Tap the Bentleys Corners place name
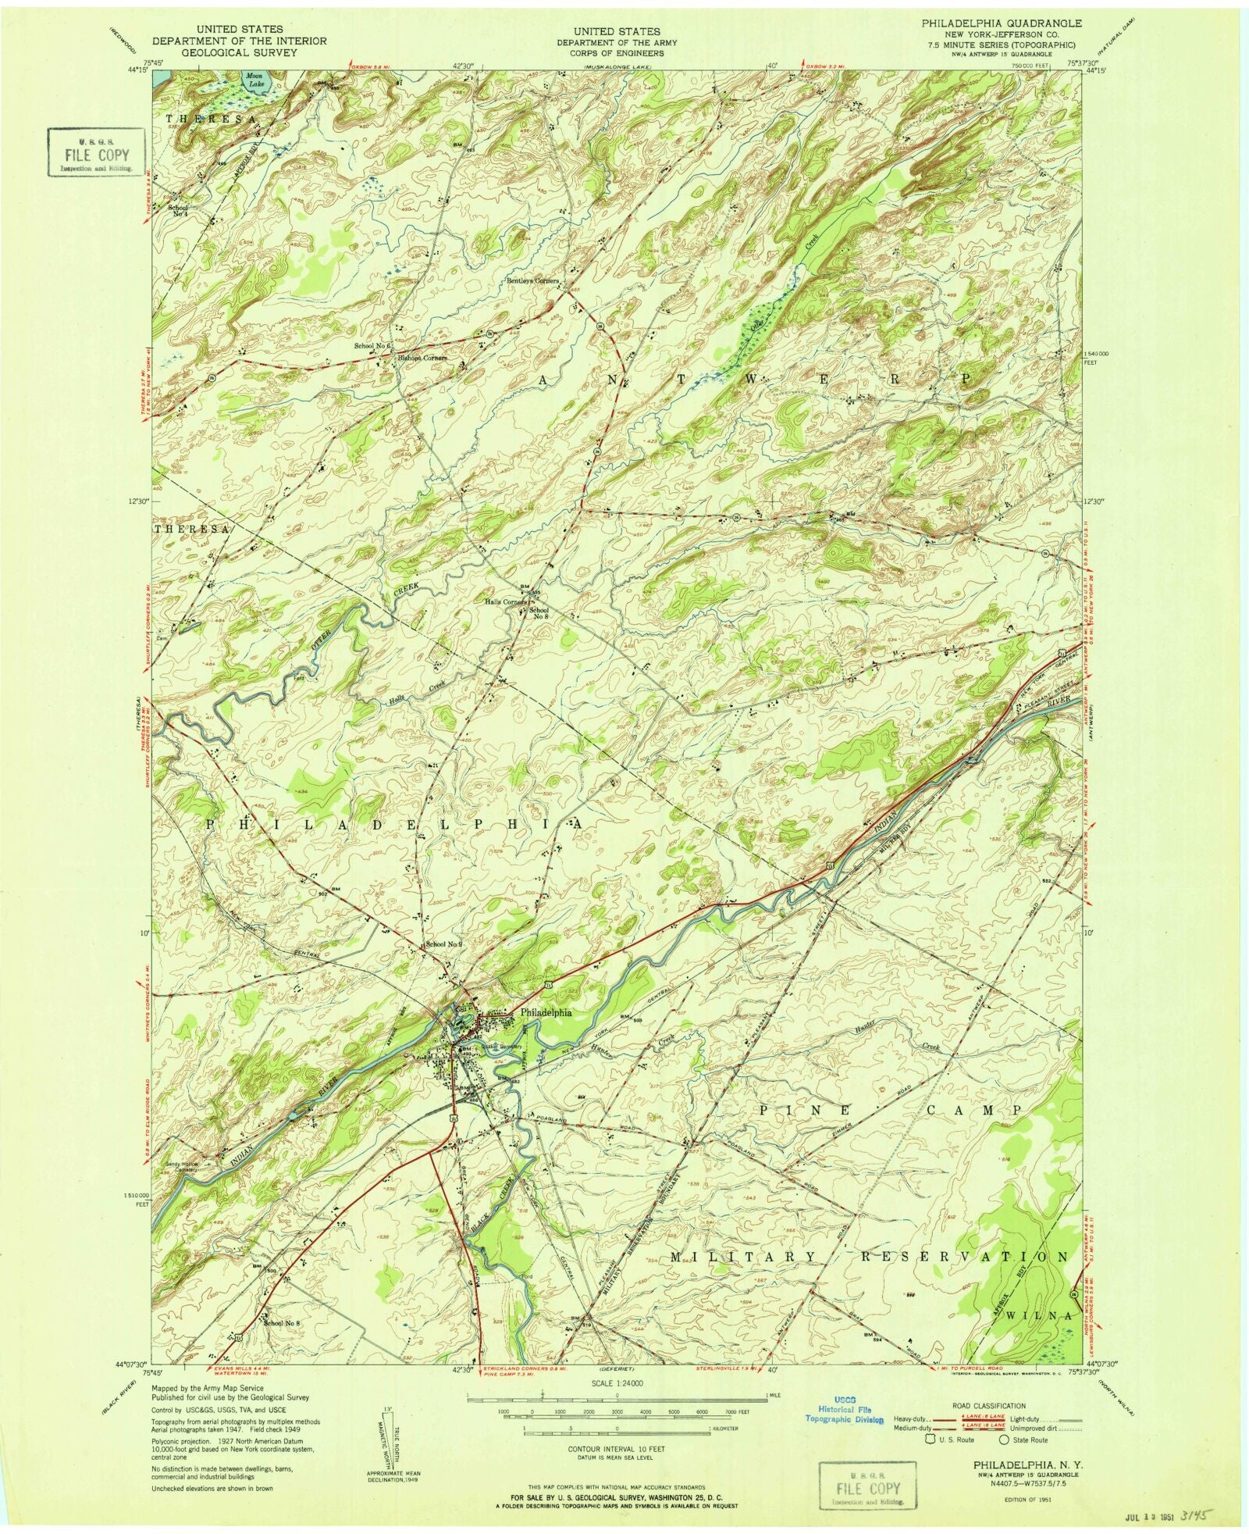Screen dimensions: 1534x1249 532,280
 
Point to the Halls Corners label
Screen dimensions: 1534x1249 506,602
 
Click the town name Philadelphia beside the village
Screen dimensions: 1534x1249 546,1011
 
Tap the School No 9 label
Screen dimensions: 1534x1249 444,944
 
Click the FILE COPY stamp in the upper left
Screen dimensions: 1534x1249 97,155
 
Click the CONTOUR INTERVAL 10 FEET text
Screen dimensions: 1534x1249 617,1449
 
